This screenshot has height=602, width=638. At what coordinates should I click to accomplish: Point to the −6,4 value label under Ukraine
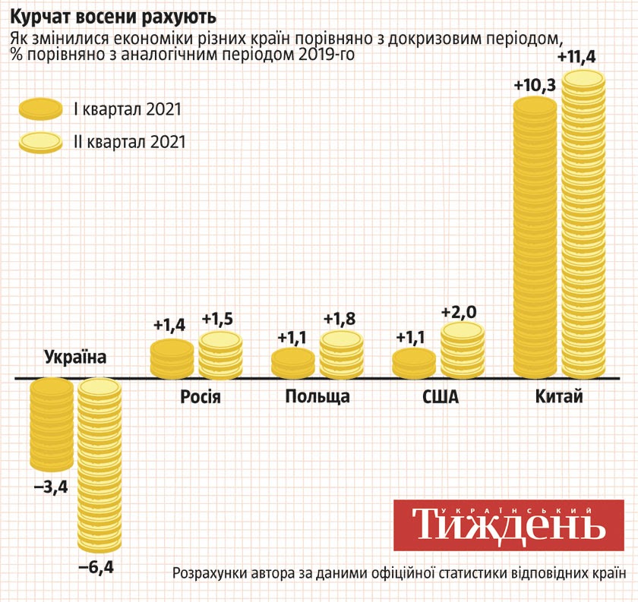point(100,566)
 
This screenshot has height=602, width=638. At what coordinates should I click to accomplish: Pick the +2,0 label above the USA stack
point(463,311)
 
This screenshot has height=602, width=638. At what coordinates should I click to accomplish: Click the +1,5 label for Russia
point(220,320)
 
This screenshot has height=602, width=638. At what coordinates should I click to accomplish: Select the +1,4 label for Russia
point(169,326)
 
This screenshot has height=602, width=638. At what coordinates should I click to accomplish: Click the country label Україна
point(75,357)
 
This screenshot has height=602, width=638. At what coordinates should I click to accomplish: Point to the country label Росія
point(201,396)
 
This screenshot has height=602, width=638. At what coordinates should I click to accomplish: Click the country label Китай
point(559,396)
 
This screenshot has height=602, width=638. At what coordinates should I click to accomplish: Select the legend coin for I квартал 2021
point(40,109)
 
